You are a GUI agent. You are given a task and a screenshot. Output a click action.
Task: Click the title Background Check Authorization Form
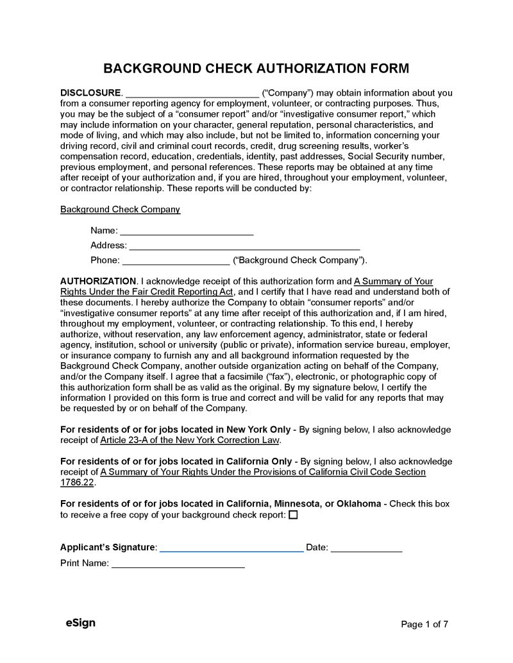tap(256, 69)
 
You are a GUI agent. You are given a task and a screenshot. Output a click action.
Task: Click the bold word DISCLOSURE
tap(90, 93)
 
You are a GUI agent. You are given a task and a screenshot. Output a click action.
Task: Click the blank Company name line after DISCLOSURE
tap(192, 94)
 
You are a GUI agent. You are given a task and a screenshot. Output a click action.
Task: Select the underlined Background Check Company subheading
tap(120, 210)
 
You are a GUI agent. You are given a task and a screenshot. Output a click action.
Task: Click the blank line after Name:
tap(187, 231)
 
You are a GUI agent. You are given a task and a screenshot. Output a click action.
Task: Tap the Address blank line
tap(244, 246)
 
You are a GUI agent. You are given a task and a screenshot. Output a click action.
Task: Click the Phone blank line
tap(176, 261)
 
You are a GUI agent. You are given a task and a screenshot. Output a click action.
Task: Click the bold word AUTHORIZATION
tap(97, 281)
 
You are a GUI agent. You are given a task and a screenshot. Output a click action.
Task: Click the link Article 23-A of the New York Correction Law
tap(190, 441)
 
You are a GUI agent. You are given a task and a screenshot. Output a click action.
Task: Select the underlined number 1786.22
tap(77, 483)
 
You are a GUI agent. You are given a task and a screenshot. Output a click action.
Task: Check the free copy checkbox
tap(293, 515)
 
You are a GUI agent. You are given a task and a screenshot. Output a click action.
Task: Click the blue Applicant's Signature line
tap(231, 548)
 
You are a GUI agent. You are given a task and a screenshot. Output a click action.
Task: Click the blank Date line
tap(366, 548)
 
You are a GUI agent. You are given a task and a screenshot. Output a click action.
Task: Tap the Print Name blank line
tap(178, 564)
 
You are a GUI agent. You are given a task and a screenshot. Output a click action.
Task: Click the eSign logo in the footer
tap(80, 623)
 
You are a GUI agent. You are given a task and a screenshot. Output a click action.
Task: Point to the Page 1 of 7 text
tap(424, 625)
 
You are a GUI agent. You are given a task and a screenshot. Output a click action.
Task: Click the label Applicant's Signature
tap(108, 548)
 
